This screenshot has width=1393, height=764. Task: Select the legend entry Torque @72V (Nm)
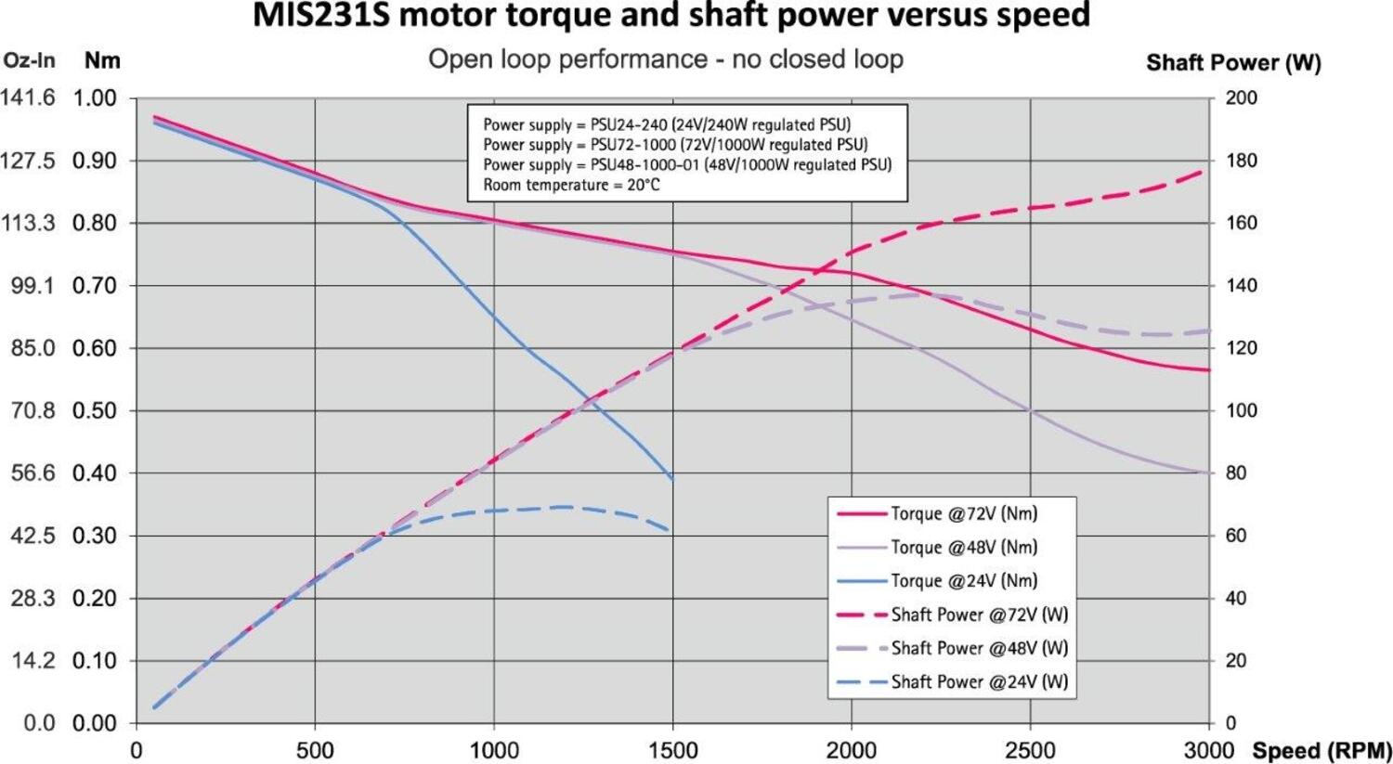(963, 513)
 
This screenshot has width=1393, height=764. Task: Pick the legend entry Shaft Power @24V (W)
(979, 681)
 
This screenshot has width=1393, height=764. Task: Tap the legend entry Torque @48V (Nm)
(963, 547)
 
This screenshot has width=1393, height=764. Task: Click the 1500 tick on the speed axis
(672, 750)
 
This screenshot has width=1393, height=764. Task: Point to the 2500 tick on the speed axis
(1030, 750)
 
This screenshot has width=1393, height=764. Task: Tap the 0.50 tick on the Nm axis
(95, 410)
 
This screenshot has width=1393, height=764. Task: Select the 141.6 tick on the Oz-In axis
(28, 97)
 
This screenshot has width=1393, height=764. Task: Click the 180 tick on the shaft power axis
(1242, 161)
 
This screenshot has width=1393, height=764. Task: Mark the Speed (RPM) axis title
(1321, 750)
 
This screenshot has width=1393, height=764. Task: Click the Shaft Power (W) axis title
(1233, 63)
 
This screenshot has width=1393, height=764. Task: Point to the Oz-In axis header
(30, 61)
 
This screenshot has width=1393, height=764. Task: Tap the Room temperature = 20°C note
(571, 185)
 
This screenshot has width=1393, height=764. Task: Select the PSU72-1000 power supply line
(675, 144)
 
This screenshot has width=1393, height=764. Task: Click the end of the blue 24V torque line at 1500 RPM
(672, 479)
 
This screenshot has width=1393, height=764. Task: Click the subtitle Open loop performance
(567, 59)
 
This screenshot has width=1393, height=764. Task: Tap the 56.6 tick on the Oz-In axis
(33, 473)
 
